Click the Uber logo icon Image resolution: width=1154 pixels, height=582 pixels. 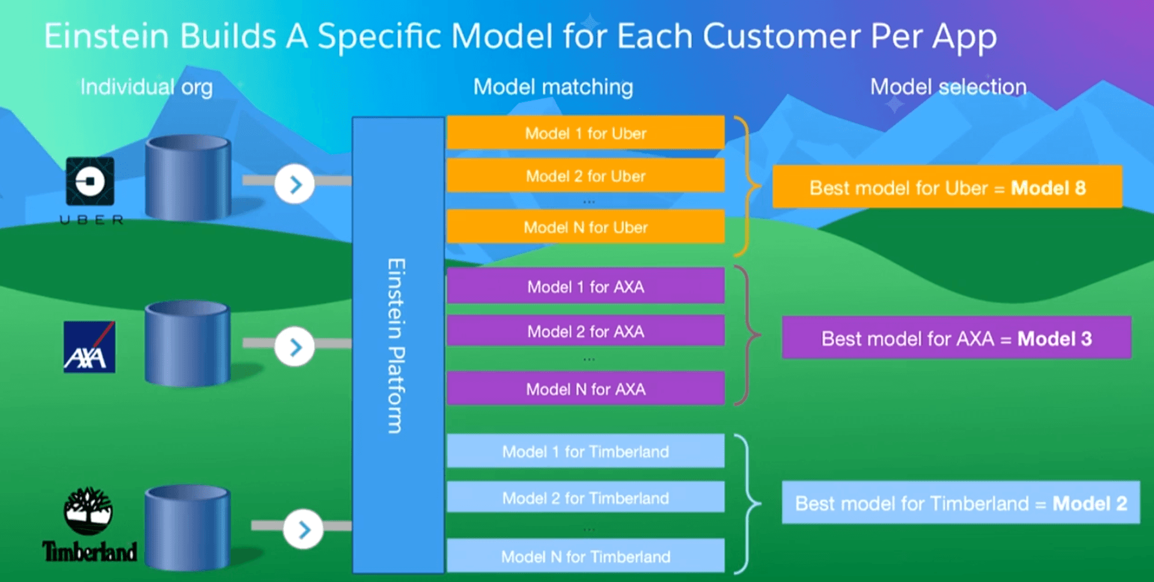[90, 181]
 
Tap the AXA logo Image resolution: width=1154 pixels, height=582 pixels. [90, 347]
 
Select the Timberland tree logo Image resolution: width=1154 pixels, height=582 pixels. [88, 511]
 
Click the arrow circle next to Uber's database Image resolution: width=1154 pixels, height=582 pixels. [295, 184]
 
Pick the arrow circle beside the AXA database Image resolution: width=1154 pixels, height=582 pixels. [295, 347]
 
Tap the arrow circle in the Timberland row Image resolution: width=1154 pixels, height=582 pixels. [304, 529]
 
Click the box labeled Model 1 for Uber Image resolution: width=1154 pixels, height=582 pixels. [585, 133]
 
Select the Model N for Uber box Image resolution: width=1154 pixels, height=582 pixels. [585, 227]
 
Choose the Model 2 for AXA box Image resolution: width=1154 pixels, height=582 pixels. [585, 331]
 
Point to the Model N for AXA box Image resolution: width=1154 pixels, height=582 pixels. [585, 389]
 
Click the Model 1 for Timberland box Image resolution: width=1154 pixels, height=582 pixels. [585, 451]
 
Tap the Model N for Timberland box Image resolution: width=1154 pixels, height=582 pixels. [585, 556]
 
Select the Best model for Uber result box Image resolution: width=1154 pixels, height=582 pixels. [947, 187]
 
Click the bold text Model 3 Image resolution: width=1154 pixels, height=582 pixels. [1054, 338]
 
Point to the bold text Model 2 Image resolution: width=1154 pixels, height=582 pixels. [1090, 503]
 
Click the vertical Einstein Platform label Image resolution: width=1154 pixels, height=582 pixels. [396, 346]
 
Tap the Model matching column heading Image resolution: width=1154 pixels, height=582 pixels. [553, 87]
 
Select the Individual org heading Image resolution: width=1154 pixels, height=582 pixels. [147, 87]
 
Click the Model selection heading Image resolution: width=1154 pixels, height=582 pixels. [948, 87]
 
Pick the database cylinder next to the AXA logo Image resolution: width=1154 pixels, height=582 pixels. [188, 343]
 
